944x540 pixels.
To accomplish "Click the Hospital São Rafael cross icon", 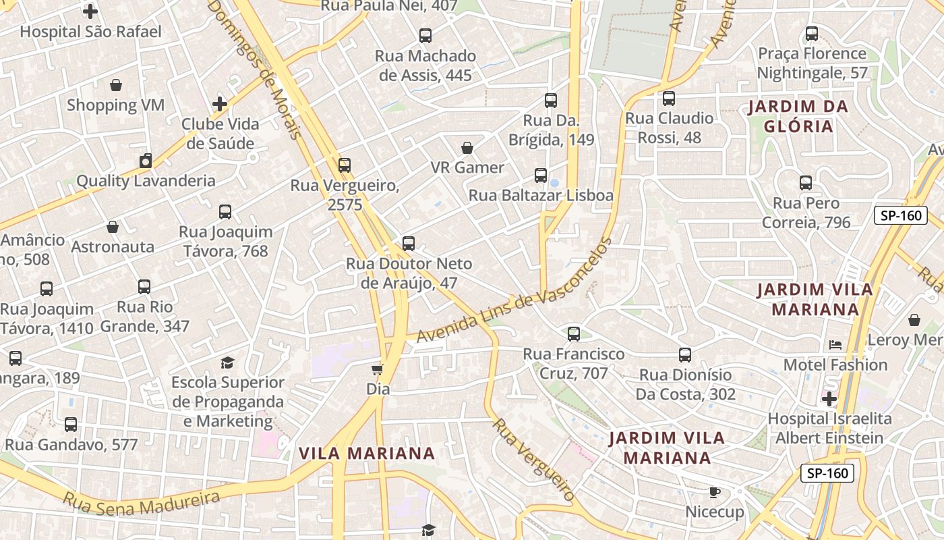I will (90, 11).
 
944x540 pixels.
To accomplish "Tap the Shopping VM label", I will (115, 105).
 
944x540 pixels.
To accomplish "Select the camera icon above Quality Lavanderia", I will (146, 161).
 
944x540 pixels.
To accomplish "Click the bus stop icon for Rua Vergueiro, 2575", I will (345, 165).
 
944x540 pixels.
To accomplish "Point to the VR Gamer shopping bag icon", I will (467, 147).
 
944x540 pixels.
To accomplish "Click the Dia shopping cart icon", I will (378, 369).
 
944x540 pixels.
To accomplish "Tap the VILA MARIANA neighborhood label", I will (367, 453).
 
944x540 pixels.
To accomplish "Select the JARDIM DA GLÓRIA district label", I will (798, 116).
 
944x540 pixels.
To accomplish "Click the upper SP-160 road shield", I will (900, 215).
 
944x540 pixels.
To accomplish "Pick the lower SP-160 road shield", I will (827, 473).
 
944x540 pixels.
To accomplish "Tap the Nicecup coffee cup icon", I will (715, 492).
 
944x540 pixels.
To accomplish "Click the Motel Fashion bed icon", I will (835, 345).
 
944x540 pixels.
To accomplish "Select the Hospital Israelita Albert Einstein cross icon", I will (829, 398).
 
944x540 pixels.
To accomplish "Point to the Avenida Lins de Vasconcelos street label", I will (514, 292).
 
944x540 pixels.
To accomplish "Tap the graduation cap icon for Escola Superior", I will (228, 362).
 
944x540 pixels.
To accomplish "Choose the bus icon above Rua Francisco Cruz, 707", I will (574, 333).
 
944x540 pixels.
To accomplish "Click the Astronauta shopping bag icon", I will (113, 227).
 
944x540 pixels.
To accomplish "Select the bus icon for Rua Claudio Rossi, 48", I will (669, 99).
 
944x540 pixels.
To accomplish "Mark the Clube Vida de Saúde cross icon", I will (220, 104).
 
